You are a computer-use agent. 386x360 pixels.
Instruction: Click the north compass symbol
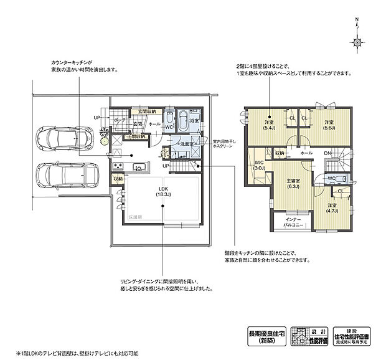point(357,42)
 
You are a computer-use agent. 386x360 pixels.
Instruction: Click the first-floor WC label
point(168,126)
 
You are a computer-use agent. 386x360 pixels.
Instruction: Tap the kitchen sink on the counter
point(140,166)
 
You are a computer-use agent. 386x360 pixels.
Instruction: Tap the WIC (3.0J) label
point(260,165)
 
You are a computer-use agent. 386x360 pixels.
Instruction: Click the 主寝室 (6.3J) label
point(293,183)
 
